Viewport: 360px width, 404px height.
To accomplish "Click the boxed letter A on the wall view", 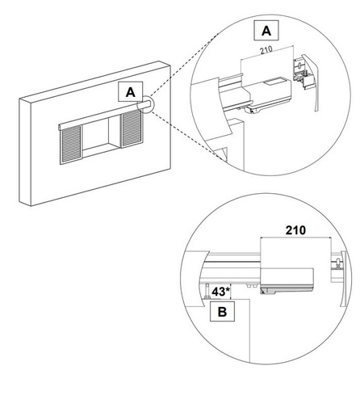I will tap(128, 92).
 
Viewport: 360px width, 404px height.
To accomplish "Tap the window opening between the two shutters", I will tap(103, 137).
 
